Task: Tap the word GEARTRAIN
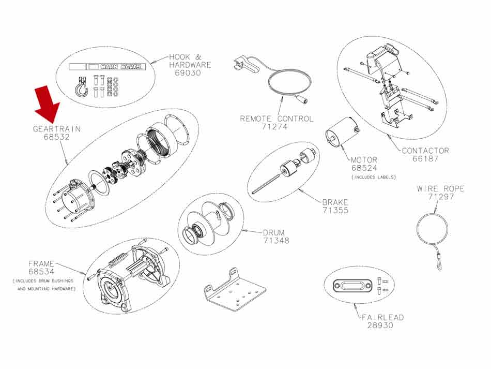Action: click(57, 128)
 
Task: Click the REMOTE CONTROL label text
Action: click(277, 119)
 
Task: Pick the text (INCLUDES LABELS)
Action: click(374, 177)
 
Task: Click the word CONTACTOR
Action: click(425, 151)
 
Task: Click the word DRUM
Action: click(273, 232)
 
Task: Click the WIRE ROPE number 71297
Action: click(440, 197)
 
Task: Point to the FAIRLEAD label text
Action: click(383, 317)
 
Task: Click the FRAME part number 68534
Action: click(41, 272)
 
